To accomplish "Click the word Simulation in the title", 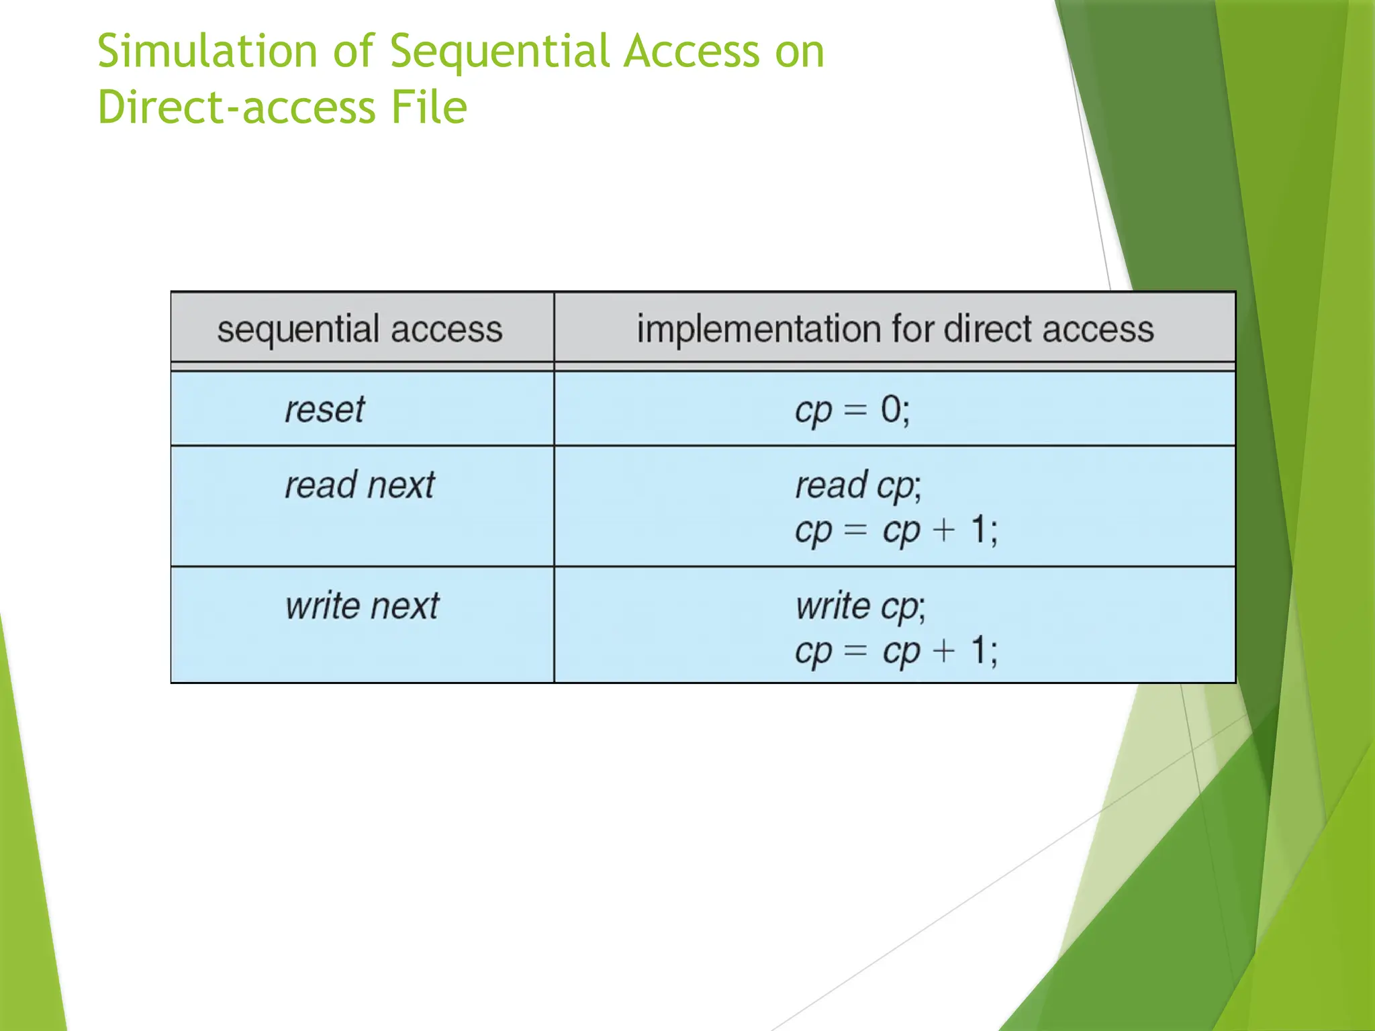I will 207,52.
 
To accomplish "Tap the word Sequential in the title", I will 500,52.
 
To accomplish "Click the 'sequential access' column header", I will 360,329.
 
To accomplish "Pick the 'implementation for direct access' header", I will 895,329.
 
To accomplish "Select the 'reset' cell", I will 324,409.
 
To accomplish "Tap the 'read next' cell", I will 360,485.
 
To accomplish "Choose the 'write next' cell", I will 362,605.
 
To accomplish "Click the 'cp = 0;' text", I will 852,409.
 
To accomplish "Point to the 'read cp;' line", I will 858,485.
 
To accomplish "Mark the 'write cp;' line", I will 860,606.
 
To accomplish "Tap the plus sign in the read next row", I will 944,530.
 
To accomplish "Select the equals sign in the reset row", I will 855,409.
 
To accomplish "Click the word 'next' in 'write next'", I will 405,606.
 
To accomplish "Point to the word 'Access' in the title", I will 691,52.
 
